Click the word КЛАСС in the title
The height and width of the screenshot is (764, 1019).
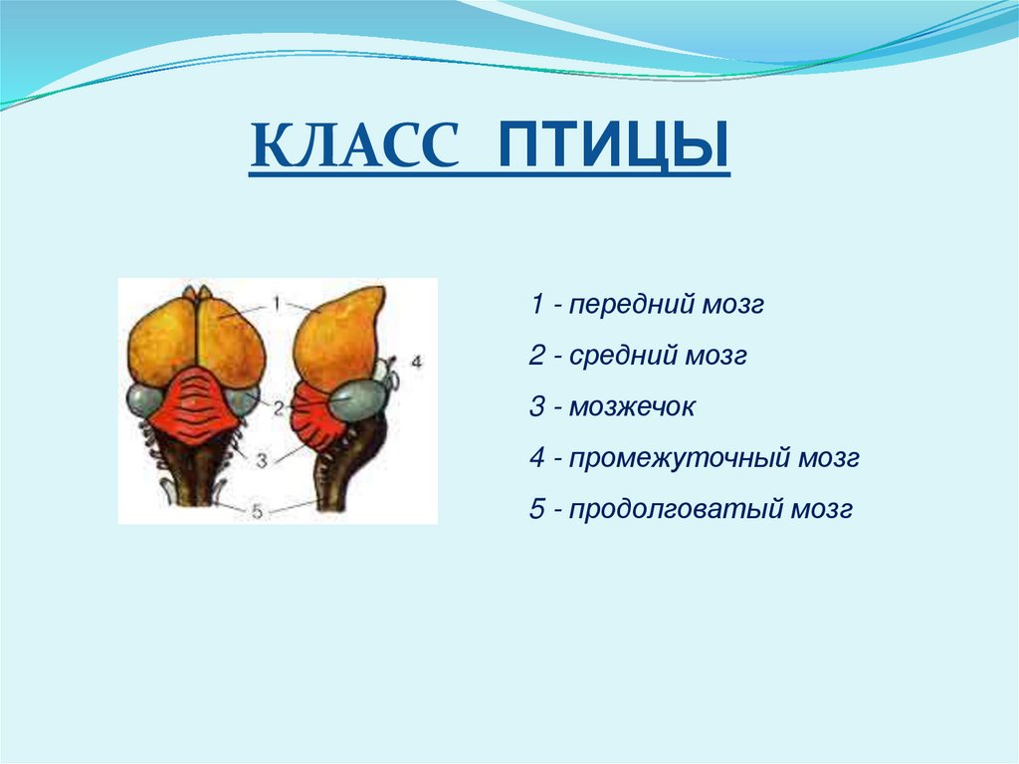(355, 144)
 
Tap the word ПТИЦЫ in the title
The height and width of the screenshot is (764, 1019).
(613, 144)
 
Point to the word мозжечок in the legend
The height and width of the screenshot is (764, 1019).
(632, 407)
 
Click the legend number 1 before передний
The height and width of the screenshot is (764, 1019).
(537, 304)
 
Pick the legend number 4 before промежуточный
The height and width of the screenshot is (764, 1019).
(536, 458)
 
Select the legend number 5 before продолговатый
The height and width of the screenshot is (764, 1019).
(536, 510)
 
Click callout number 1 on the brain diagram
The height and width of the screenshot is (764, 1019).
(277, 303)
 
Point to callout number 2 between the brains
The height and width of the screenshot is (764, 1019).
(279, 408)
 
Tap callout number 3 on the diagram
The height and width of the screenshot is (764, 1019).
(262, 461)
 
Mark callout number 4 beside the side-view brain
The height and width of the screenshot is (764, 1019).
(417, 361)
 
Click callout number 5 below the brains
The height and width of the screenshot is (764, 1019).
(258, 512)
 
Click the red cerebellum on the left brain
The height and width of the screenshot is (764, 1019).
(195, 403)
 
